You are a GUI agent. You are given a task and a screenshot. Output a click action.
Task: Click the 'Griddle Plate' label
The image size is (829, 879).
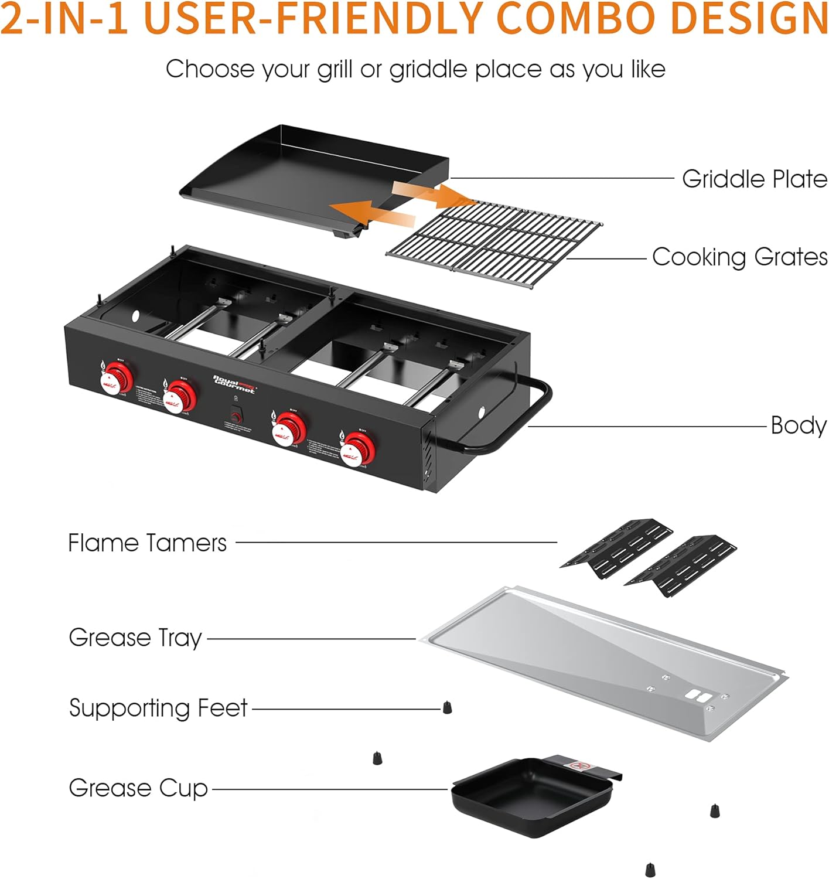[x=755, y=179]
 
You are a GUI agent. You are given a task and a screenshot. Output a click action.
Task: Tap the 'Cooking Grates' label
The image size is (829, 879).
[x=739, y=257]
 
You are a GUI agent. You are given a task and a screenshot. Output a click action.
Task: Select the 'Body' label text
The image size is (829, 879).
[x=798, y=425]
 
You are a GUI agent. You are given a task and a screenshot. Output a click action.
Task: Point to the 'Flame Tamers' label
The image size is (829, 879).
[x=147, y=543]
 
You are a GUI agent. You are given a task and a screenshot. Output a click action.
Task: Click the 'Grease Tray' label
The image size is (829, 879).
[x=135, y=638]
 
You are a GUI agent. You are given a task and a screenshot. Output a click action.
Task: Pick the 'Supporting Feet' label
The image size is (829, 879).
[x=158, y=708]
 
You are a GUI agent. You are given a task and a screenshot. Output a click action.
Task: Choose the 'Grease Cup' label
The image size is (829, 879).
[x=138, y=788]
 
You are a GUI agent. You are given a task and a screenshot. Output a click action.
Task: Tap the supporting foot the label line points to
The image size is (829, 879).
[x=447, y=707]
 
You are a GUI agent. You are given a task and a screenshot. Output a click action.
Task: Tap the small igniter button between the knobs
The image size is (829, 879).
[x=236, y=417]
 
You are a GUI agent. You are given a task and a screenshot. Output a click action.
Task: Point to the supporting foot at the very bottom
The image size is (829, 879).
[x=649, y=870]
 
